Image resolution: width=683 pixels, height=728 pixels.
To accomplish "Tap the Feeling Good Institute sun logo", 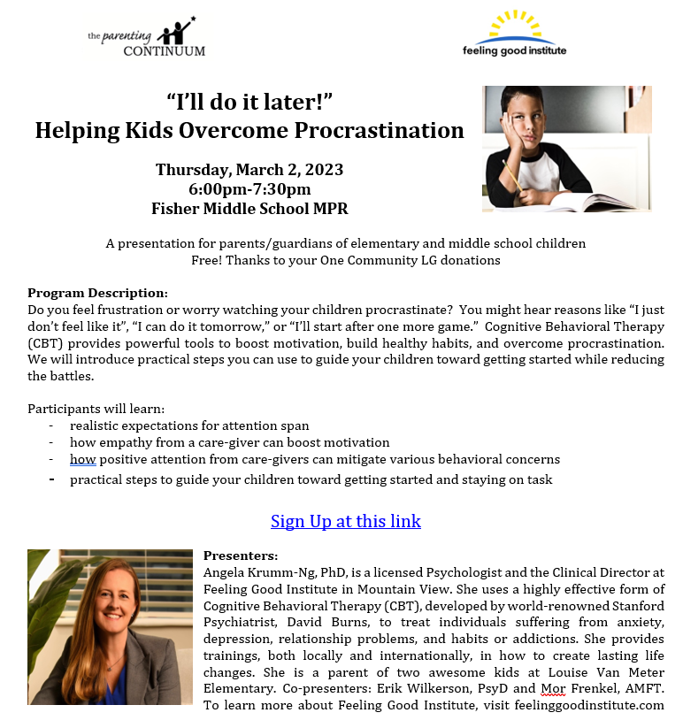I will point(514,33).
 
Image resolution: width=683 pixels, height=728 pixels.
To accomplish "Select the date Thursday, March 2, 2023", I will point(249,169).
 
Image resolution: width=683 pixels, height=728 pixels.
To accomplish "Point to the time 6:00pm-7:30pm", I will point(249,188).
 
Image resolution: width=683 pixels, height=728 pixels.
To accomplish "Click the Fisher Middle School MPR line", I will point(249,209).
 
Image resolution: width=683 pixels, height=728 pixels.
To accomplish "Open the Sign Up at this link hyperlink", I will point(345,521).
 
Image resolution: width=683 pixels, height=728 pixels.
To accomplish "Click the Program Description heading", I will point(97,293).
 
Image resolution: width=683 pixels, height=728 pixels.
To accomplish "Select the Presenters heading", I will point(241,556).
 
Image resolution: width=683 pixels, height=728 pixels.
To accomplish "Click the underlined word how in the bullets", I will point(82,460).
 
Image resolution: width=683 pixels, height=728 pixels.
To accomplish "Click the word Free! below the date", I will point(206,260).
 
